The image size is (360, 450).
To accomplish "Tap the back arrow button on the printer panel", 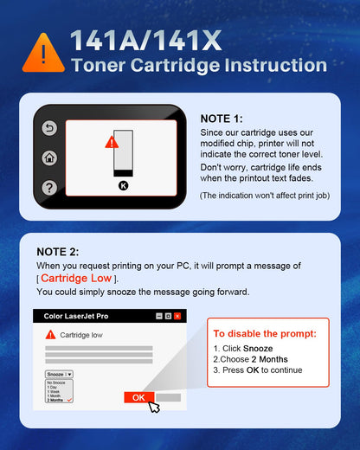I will tap(49, 129).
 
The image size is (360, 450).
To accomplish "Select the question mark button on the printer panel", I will tap(49, 187).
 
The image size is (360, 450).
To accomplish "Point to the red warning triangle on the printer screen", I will tap(112, 141).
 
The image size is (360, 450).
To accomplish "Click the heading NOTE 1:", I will tap(222, 119).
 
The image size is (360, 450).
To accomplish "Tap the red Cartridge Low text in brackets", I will tap(77, 279).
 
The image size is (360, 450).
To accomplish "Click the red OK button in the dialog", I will tap(138, 397).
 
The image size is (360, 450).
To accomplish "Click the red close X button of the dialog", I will tap(177, 317).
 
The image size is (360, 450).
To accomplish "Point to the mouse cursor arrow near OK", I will tap(154, 407).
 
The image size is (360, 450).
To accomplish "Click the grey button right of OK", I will tap(168, 397).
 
